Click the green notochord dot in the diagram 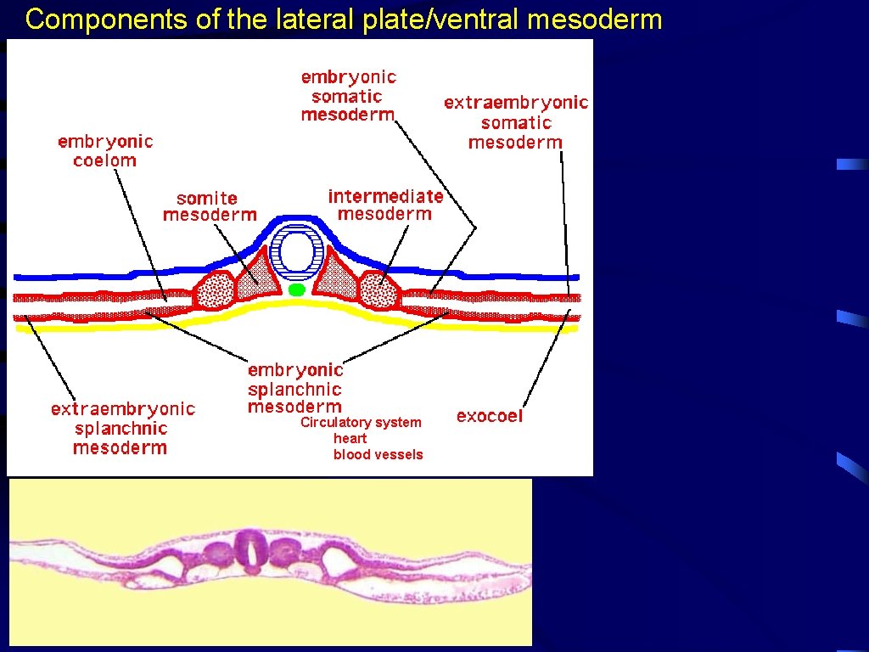pos(296,290)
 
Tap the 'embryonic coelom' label pos(105,151)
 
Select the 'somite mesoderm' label pos(209,206)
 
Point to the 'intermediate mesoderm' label pos(385,205)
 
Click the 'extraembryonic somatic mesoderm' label pos(516,122)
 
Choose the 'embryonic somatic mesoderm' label pos(349,95)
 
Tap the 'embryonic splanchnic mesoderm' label pos(295,389)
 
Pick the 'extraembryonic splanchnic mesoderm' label pos(122,428)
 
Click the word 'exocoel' pos(490,416)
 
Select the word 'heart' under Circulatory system pos(350,438)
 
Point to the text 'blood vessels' pos(378,454)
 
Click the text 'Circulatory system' pos(361,422)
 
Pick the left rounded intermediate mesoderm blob pos(215,291)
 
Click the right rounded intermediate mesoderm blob pos(378,291)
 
